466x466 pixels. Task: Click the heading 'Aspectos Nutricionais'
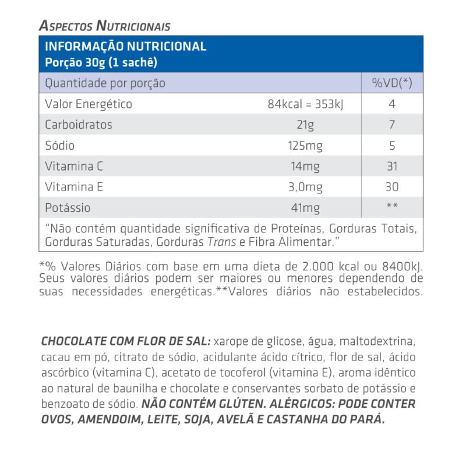click(104, 26)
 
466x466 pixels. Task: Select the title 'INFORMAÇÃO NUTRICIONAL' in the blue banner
click(126, 47)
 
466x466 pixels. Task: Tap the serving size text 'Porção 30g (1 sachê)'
click(101, 62)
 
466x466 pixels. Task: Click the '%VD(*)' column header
click(392, 83)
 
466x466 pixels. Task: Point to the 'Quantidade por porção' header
click(105, 83)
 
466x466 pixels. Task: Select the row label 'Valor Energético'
click(89, 104)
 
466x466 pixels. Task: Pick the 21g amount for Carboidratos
click(305, 125)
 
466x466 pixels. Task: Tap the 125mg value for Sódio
click(305, 146)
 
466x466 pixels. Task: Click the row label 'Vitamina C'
click(74, 167)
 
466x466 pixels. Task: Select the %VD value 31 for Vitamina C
click(392, 167)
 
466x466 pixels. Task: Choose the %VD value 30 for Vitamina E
click(392, 187)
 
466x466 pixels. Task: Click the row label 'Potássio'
click(68, 208)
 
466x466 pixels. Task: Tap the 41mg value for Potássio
click(305, 208)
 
